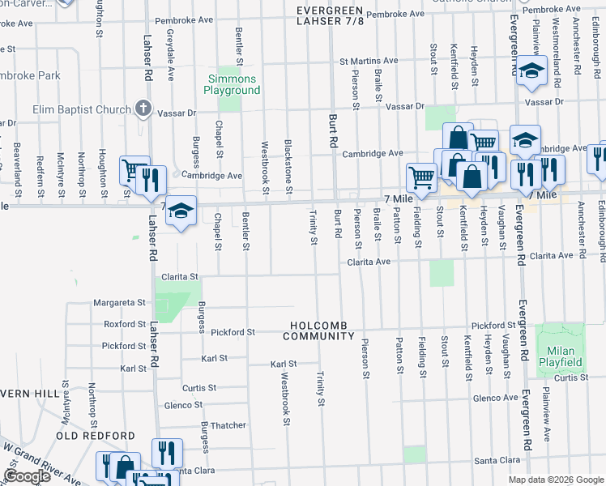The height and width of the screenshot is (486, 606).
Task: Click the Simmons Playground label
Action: [x=233, y=84]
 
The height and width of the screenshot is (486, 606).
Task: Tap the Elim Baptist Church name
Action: [x=81, y=109]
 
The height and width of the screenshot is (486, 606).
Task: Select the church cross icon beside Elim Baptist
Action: [x=143, y=108]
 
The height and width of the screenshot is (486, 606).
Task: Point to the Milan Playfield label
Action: [x=561, y=356]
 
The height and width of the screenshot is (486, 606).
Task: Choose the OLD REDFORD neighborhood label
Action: [x=96, y=436]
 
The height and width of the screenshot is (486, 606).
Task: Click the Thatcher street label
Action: [x=228, y=425]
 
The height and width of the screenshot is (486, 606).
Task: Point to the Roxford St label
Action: [x=125, y=324]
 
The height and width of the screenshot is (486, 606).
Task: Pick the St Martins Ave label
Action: [x=369, y=61]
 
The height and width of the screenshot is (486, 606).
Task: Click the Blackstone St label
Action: [x=288, y=166]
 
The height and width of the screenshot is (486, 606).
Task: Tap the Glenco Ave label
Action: [x=495, y=398]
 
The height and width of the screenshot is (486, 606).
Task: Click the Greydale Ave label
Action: [x=171, y=54]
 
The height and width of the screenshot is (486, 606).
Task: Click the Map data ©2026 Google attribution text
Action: [x=556, y=480]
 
